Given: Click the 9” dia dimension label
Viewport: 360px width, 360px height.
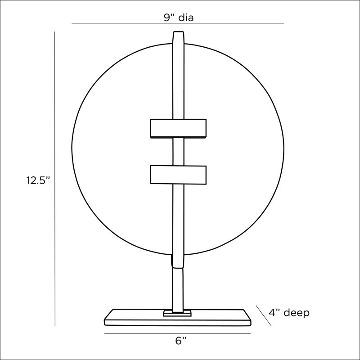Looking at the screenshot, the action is tap(179, 18).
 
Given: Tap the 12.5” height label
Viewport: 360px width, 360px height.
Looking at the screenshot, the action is tap(38, 180).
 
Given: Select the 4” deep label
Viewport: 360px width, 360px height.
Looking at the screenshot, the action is tap(289, 313).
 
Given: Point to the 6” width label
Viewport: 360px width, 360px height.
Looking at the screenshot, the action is tap(181, 341).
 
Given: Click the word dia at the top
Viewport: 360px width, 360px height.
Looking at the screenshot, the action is tap(186, 18).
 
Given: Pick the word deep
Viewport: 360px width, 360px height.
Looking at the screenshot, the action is tap(297, 313).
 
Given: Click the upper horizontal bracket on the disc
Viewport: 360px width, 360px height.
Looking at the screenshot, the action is tap(178, 128).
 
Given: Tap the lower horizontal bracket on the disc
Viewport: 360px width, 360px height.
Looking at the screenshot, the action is tap(178, 175).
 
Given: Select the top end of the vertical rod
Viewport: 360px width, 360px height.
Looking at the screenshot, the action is tap(178, 31).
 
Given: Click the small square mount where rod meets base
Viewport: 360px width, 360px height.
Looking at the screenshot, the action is tap(177, 313).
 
